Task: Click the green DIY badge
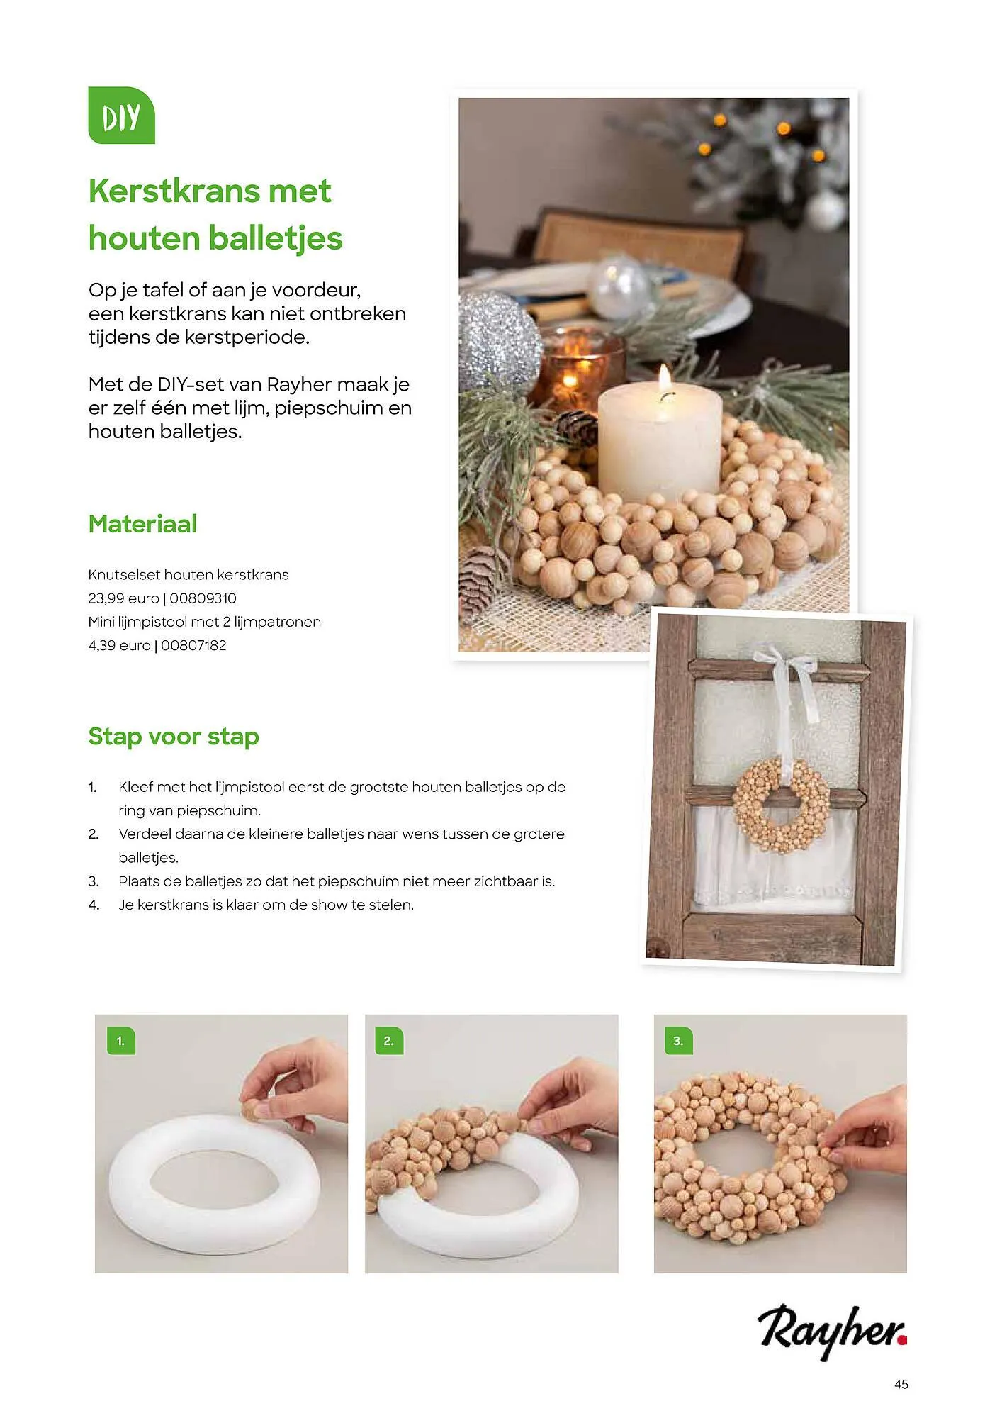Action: tap(121, 116)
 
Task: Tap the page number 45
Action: tap(901, 1384)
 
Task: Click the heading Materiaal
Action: tap(142, 524)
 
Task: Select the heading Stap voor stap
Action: tap(174, 736)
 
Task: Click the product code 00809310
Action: tap(203, 598)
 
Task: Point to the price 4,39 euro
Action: tap(119, 645)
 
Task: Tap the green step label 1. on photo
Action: tap(121, 1041)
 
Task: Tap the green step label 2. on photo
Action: tap(388, 1041)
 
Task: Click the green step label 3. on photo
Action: tap(678, 1041)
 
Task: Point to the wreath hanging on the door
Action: tap(781, 805)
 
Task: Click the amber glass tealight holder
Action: tap(578, 370)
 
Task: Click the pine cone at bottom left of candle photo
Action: tap(483, 580)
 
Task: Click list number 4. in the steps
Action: tap(94, 905)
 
